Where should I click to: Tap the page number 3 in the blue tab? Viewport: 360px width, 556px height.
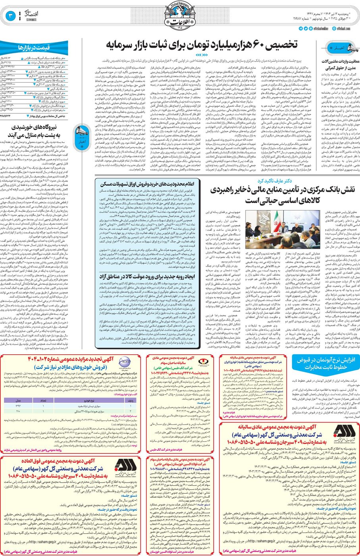11,16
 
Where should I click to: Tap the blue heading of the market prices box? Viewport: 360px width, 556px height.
34,48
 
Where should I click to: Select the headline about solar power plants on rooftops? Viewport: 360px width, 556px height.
35,131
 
